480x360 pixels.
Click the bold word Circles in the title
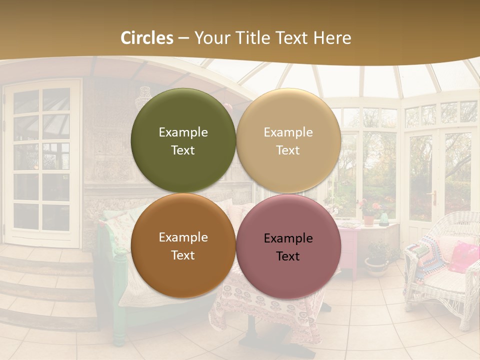(x=147, y=38)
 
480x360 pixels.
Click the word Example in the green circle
(x=183, y=132)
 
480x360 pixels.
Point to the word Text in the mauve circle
(x=288, y=256)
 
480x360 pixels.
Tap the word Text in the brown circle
(x=183, y=255)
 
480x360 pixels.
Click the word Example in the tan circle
(x=288, y=132)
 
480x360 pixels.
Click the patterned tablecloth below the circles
(x=260, y=310)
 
